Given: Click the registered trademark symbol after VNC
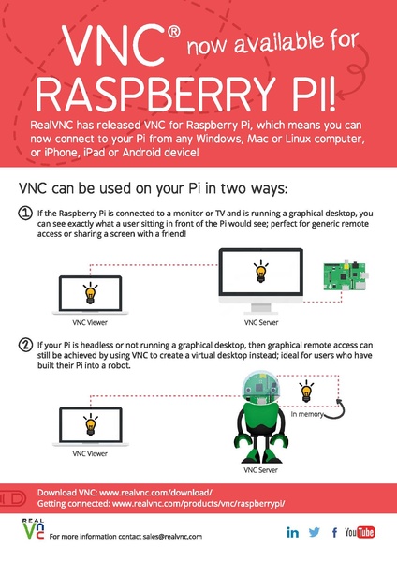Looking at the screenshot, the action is (x=174, y=32).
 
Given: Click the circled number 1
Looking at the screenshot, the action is (x=25, y=214).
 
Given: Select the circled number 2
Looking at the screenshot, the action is (x=25, y=345).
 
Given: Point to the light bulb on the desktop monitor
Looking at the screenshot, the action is (x=261, y=272).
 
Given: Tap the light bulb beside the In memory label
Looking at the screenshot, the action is (x=307, y=392).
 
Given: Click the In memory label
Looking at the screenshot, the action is (x=307, y=414).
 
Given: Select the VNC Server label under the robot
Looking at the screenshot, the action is (x=260, y=470).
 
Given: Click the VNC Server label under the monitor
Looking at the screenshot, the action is (x=261, y=322).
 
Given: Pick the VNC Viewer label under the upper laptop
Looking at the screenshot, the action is (x=90, y=322).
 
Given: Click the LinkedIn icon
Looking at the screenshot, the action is (x=292, y=533).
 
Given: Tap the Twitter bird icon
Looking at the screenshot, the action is (x=315, y=532).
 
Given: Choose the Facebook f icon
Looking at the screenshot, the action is (x=334, y=533).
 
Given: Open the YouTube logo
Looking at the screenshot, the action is (x=360, y=532).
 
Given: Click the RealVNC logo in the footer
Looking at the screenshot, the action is (x=34, y=529).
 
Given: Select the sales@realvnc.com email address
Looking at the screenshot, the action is (x=172, y=537).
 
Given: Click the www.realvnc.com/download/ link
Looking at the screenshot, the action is (x=155, y=493).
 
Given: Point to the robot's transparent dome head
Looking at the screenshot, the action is (x=260, y=386).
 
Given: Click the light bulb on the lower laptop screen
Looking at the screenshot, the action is (x=90, y=424).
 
